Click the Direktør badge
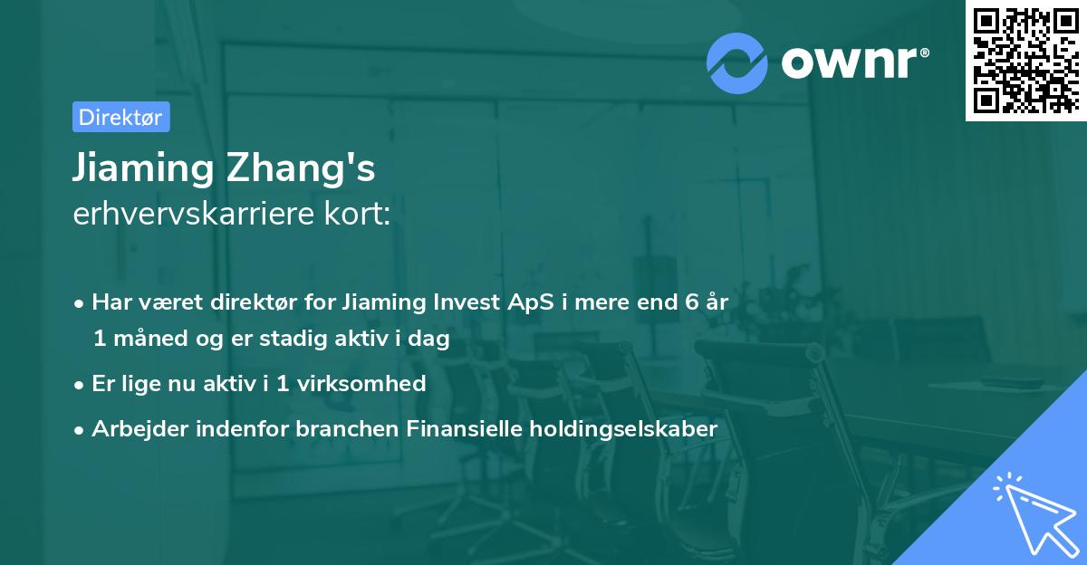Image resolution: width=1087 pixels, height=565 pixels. click(120, 117)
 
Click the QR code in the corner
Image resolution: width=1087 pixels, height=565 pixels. click(1025, 60)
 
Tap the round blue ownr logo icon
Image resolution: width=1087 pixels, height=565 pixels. click(736, 63)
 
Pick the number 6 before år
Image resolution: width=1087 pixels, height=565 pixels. click(687, 302)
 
